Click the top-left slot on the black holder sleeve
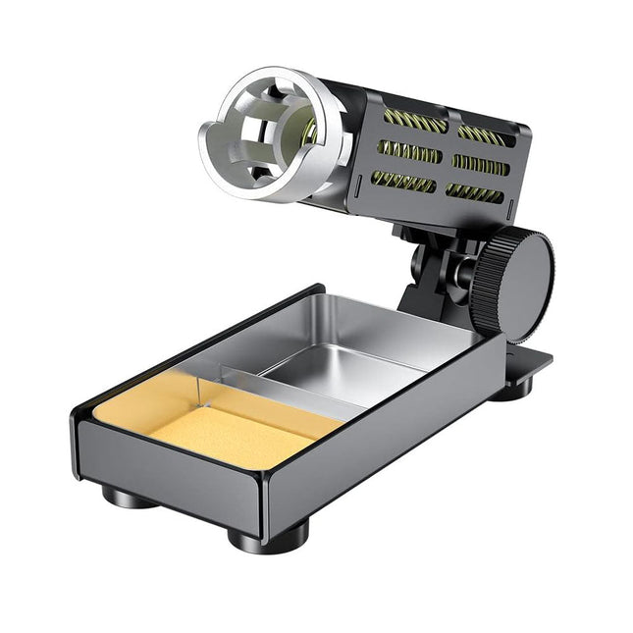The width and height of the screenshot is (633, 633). tap(413, 121)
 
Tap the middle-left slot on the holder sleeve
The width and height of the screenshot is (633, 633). tap(407, 151)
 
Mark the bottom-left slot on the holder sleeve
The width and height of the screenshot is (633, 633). tap(401, 181)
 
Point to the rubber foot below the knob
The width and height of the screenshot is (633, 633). tap(511, 388)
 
